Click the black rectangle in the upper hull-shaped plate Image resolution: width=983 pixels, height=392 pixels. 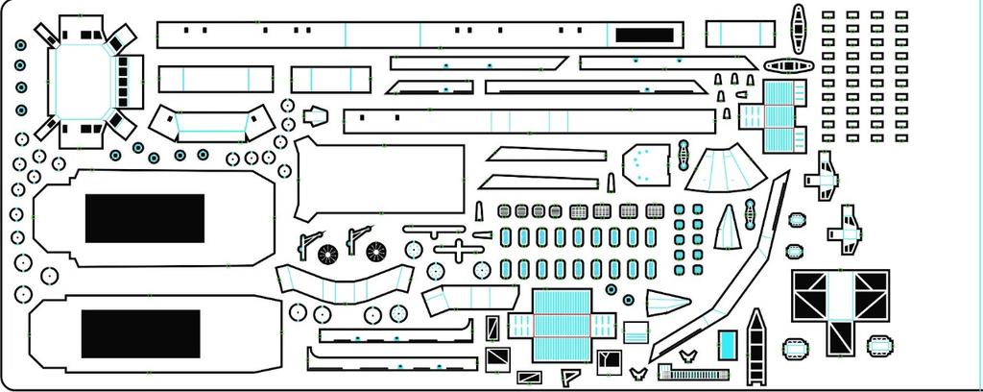145,218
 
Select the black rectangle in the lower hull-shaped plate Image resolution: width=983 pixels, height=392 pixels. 141,332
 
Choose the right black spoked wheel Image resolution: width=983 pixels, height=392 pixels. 376,254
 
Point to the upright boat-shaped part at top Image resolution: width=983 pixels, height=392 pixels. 798,29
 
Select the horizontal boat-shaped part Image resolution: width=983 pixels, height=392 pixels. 789,67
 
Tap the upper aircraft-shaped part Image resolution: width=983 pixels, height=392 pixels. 825,177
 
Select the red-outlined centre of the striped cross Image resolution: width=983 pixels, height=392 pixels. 559,325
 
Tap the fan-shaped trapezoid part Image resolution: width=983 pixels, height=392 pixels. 726,175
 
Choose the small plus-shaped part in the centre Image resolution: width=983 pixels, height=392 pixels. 459,251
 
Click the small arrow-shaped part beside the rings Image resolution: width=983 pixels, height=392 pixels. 315,117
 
